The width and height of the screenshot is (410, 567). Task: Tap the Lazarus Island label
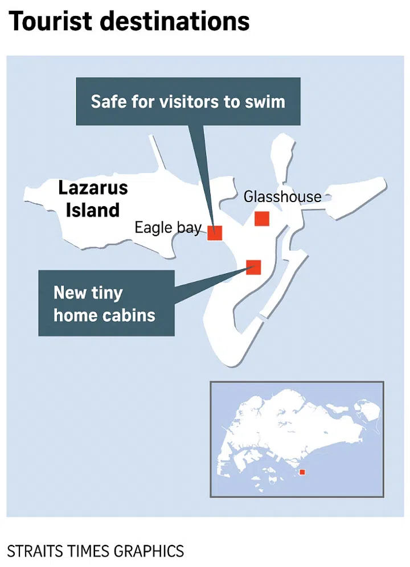(x=93, y=199)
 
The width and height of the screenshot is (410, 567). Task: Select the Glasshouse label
(x=282, y=197)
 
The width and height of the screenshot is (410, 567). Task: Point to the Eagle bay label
(x=168, y=228)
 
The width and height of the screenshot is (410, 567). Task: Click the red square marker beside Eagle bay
(x=215, y=233)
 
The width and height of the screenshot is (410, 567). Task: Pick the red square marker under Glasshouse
(x=262, y=219)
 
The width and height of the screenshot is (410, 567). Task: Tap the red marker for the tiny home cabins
(x=253, y=267)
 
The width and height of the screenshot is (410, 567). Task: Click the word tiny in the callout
(x=106, y=294)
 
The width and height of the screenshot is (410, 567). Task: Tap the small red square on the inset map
(x=302, y=472)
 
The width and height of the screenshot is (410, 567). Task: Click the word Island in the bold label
(x=93, y=210)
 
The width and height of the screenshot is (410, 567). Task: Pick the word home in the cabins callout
(x=77, y=315)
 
